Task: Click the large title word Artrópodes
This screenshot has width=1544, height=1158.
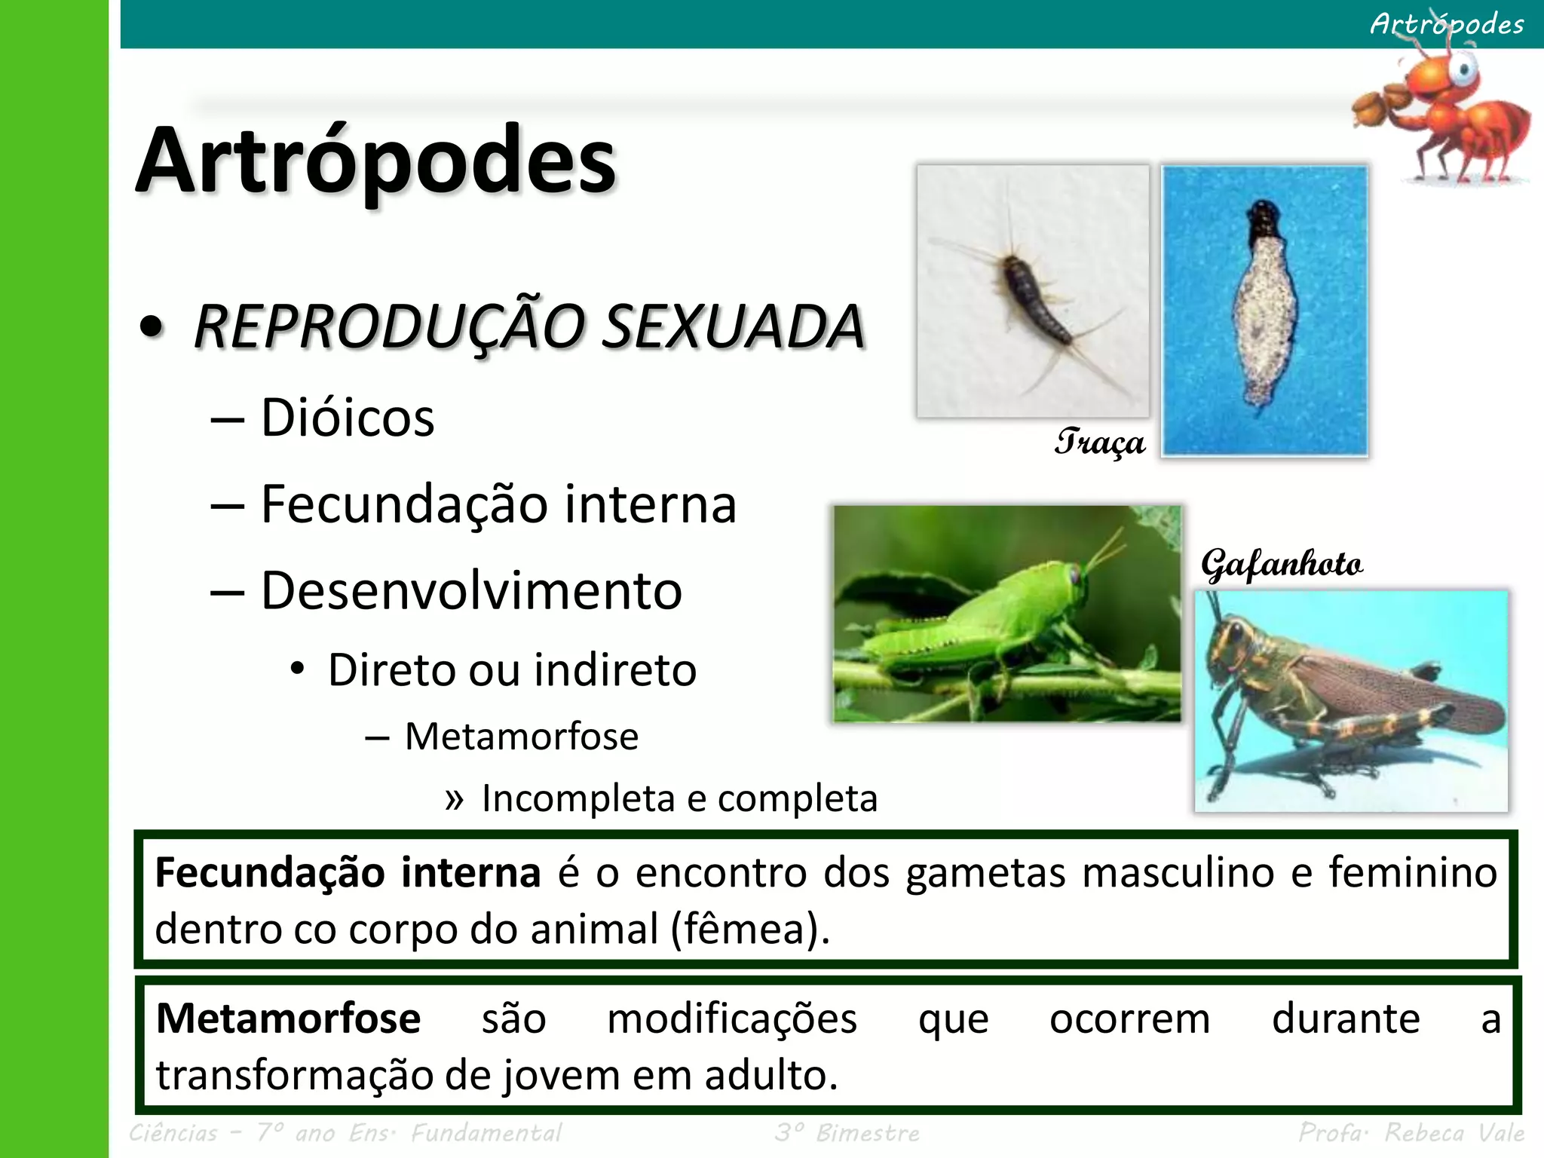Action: pos(375,160)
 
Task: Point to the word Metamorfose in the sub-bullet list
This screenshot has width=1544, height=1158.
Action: pos(522,736)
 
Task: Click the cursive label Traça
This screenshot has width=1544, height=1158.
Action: pos(1099,442)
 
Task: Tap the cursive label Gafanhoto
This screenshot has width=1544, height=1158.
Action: pos(1282,564)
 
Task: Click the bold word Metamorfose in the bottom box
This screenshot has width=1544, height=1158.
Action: pos(288,1019)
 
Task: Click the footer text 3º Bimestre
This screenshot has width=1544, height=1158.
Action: pos(847,1132)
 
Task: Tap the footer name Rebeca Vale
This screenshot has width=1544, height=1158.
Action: pos(1454,1132)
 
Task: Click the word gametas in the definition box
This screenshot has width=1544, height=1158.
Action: pos(985,873)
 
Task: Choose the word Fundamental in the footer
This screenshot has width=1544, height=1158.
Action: pos(486,1132)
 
